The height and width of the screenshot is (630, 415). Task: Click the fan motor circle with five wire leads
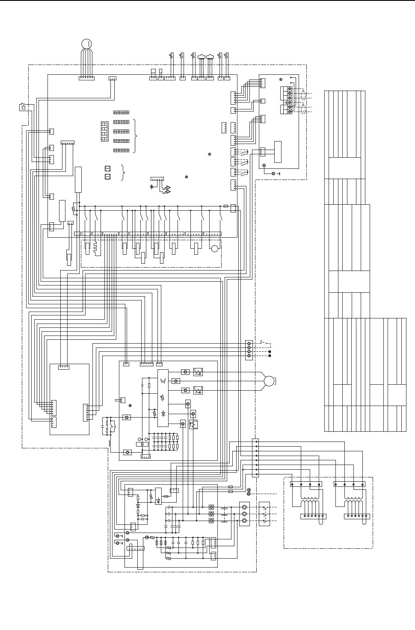pos(86,43)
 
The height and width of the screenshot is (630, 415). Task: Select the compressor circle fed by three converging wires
pos(269,381)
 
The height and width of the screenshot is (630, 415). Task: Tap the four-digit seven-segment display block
pos(104,131)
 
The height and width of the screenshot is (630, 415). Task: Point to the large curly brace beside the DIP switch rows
pos(136,136)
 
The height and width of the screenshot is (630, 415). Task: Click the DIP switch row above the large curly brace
pos(121,112)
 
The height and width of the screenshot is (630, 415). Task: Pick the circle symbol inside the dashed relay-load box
pos(215,249)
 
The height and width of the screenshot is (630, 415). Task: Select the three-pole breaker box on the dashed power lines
pos(264,514)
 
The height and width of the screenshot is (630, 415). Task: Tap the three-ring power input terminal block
pos(244,514)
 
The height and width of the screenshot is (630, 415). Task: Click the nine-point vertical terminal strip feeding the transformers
pos(256,458)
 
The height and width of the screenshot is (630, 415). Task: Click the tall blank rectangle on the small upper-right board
pos(278,152)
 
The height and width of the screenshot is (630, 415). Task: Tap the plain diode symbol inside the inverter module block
pos(163,413)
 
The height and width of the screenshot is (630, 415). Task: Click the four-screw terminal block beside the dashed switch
pos(249,350)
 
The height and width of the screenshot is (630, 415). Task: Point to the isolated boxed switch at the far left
pos(23,107)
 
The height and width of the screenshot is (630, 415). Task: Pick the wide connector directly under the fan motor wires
pos(86,78)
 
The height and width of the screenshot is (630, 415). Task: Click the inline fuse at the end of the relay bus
pos(225,206)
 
